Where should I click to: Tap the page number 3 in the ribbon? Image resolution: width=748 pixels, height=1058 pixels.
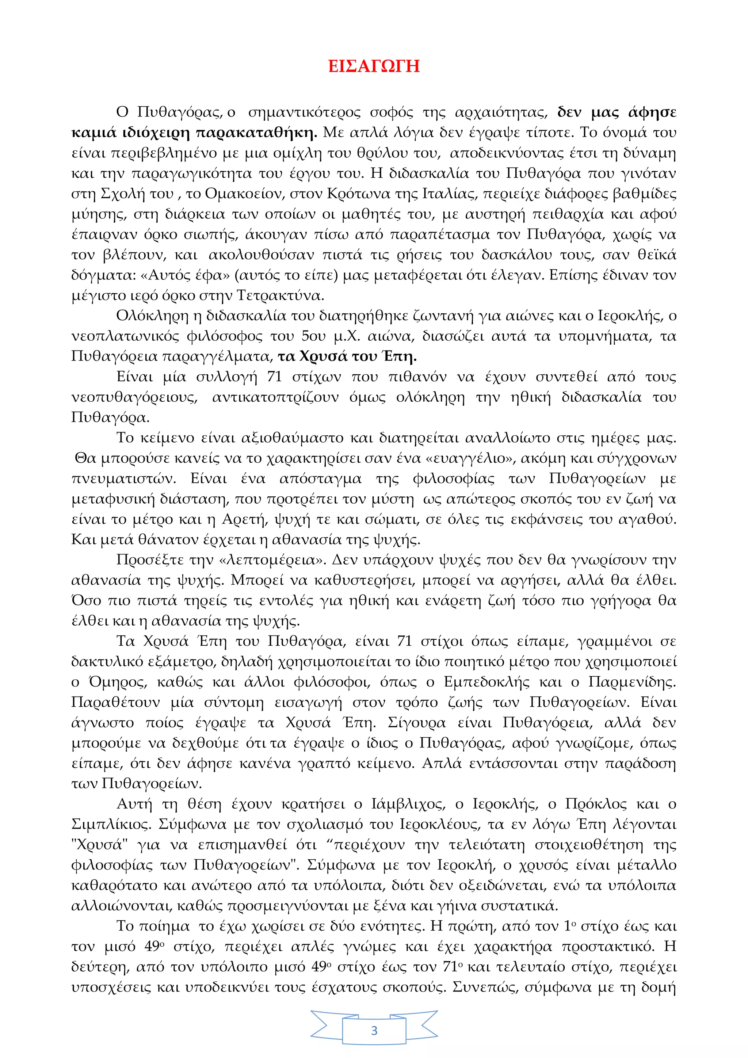[x=374, y=1030]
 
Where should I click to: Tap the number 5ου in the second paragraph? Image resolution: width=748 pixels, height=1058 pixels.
[x=313, y=336]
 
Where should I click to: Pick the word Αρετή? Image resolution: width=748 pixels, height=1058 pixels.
[x=244, y=519]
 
